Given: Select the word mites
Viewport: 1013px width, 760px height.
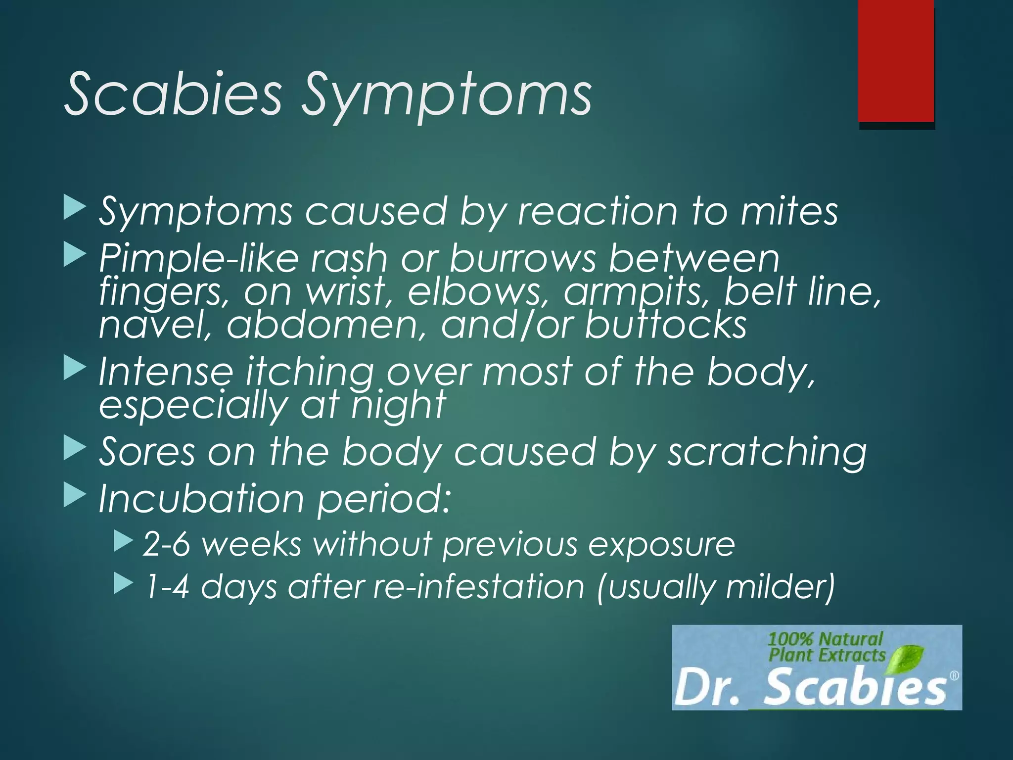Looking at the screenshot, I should point(789,212).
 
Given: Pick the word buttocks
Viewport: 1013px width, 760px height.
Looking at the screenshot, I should point(666,325).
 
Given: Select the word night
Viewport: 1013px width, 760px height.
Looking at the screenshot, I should point(398,405).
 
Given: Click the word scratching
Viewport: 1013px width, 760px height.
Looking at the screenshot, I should point(767,452).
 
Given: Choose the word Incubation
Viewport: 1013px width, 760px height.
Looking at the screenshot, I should point(201,499).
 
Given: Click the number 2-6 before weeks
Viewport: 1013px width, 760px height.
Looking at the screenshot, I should point(166,544).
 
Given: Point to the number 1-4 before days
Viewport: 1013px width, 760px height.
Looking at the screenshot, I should point(166,587).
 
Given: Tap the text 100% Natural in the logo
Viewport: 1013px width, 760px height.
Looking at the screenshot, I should point(825,639).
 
